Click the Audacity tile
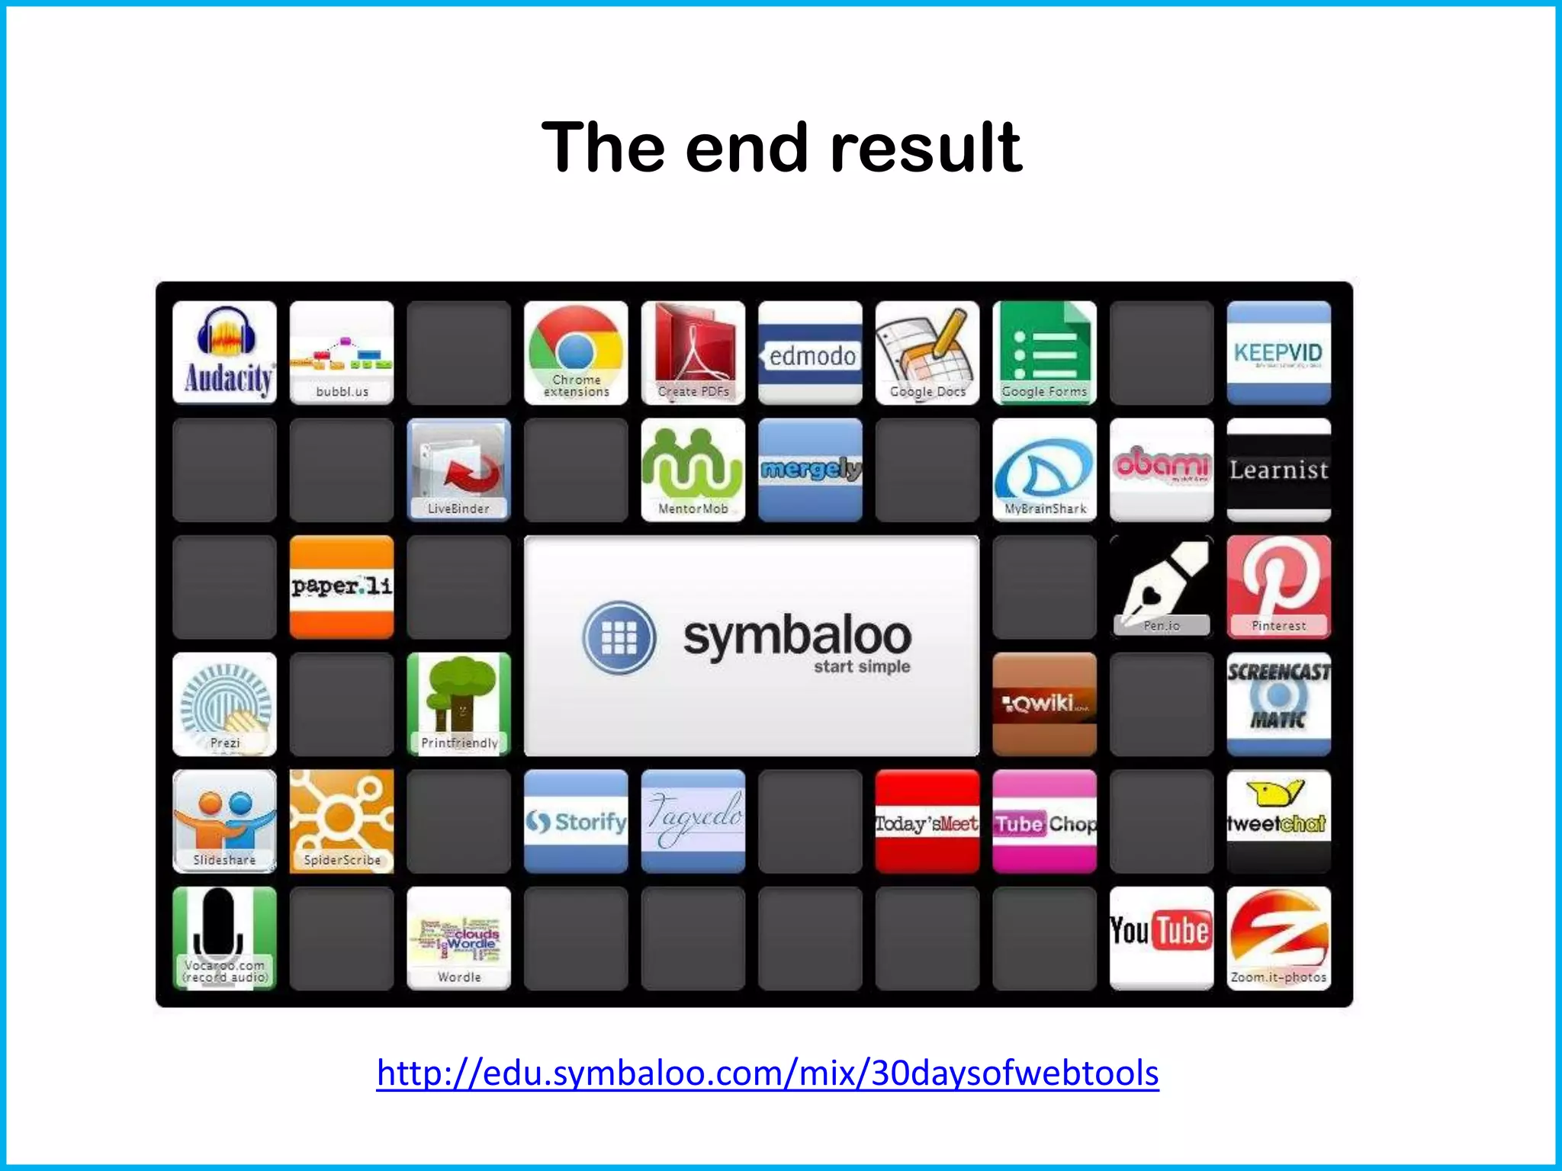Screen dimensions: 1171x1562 [224, 352]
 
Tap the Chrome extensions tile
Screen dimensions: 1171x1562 [576, 352]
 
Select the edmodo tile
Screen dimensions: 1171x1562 [810, 352]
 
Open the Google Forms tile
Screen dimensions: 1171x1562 [1044, 352]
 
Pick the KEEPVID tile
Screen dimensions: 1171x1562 [1278, 352]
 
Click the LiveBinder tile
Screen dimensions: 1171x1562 [458, 470]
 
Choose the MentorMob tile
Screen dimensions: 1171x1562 [693, 470]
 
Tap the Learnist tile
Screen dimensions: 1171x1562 [1278, 470]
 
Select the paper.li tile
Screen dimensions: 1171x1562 [342, 586]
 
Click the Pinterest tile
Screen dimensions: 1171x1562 [1278, 586]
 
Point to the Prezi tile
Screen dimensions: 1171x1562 [224, 704]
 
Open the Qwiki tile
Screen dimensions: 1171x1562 [1044, 704]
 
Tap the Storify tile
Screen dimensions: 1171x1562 [576, 821]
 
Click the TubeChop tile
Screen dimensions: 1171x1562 [1044, 821]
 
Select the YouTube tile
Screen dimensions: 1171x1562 [1161, 938]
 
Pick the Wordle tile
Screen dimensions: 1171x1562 [458, 938]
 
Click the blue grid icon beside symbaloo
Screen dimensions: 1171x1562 [619, 637]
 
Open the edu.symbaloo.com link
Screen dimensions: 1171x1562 [767, 1073]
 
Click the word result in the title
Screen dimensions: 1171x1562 [925, 148]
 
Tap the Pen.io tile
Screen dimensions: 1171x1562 [1161, 586]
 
